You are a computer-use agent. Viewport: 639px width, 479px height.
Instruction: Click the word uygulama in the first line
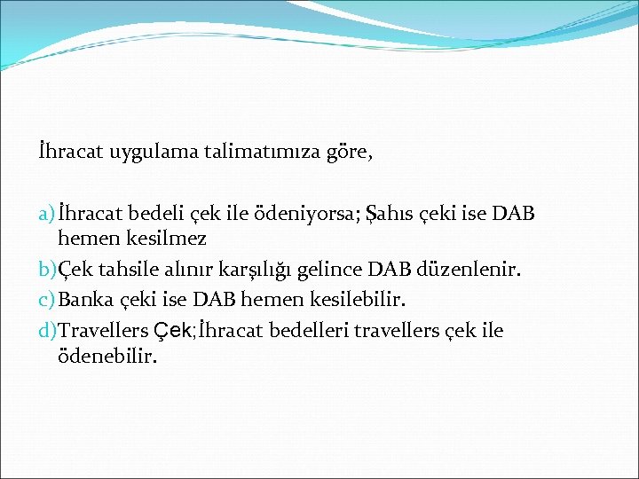tap(147, 153)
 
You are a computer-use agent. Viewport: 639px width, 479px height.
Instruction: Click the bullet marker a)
tap(46, 215)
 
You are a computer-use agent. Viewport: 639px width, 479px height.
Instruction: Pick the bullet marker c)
tap(46, 300)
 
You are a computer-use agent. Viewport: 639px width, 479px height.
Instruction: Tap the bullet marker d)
tap(47, 330)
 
